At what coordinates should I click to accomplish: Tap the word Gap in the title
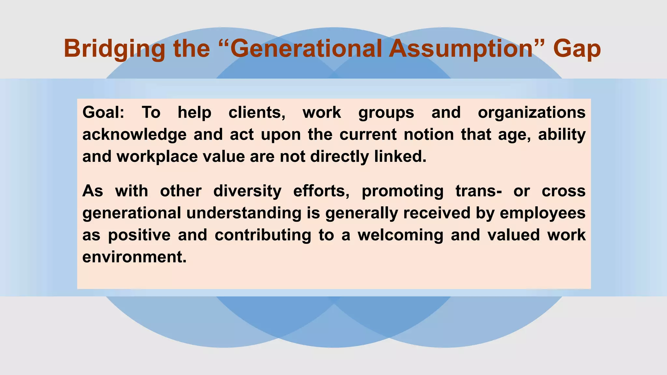(x=576, y=49)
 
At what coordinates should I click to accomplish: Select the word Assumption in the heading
(x=461, y=49)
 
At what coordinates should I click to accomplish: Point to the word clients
(x=257, y=113)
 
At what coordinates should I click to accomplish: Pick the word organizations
(x=532, y=113)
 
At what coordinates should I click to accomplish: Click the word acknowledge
(x=134, y=135)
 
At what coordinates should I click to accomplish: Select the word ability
(x=562, y=135)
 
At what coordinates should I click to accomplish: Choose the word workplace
(x=157, y=157)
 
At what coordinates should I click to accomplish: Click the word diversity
(x=247, y=191)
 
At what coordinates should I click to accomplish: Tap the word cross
(x=563, y=191)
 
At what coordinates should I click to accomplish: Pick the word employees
(x=543, y=213)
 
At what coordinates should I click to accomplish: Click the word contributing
(x=263, y=235)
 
